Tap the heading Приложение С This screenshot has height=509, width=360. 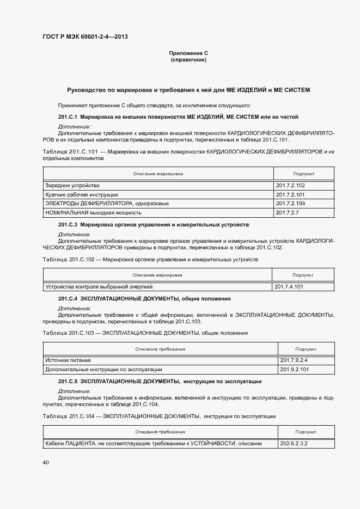[188, 53]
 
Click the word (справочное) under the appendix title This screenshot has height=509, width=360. [188, 59]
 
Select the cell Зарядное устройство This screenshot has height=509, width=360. [72, 186]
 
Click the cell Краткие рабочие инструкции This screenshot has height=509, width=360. [82, 194]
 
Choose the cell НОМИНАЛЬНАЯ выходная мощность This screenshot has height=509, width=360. [94, 212]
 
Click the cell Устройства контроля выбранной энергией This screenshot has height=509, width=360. [99, 286]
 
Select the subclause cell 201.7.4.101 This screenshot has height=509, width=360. [289, 286]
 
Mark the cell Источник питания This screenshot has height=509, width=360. [68, 360]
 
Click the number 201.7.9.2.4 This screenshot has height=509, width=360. [294, 360]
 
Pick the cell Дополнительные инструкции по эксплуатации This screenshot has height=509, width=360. [103, 369]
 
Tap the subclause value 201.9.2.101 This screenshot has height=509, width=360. [294, 369]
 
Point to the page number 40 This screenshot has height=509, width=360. [46, 463]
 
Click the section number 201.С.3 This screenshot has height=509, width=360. [68, 224]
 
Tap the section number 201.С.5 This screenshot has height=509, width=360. [68, 381]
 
